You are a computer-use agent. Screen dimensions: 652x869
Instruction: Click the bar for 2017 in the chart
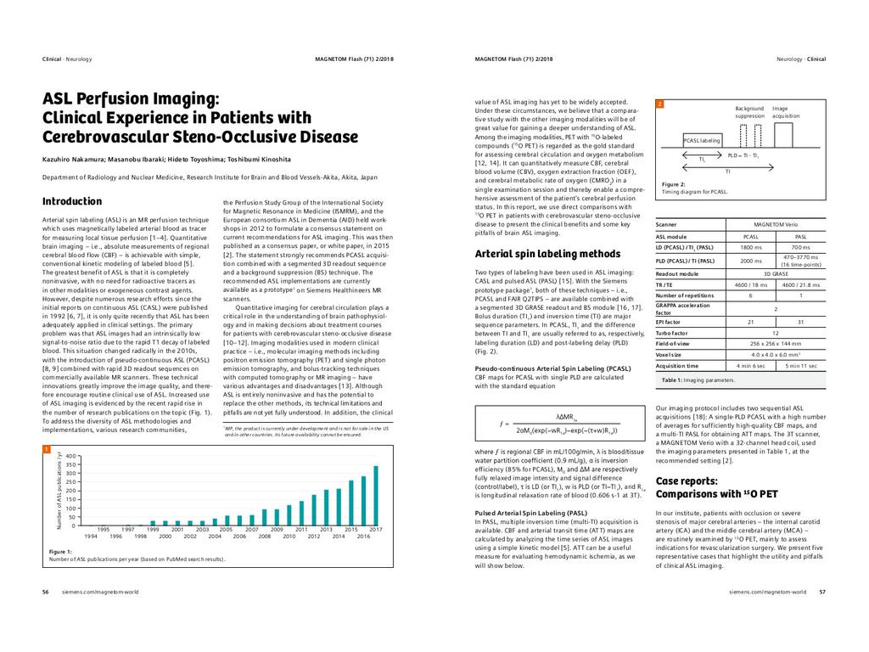(x=376, y=496)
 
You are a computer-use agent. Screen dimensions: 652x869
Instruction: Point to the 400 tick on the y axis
(x=70, y=456)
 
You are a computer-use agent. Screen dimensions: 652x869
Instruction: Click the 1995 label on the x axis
(x=104, y=529)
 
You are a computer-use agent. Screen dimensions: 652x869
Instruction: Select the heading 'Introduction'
(x=72, y=201)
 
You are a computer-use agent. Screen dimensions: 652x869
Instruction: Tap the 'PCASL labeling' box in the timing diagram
(x=702, y=140)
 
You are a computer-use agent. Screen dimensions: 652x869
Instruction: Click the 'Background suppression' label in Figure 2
(x=749, y=112)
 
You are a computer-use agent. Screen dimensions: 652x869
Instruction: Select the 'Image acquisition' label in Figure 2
(x=785, y=112)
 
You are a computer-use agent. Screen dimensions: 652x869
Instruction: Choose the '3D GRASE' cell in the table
(x=776, y=273)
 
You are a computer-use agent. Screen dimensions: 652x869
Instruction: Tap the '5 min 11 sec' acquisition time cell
(x=801, y=366)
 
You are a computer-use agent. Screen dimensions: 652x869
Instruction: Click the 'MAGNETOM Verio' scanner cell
(x=776, y=223)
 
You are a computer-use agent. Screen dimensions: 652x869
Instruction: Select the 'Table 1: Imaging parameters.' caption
(x=698, y=380)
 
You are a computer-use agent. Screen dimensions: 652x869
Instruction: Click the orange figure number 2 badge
(x=659, y=104)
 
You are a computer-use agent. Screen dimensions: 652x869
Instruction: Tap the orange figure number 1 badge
(x=47, y=448)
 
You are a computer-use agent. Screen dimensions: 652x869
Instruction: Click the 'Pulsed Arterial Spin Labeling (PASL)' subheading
(x=530, y=513)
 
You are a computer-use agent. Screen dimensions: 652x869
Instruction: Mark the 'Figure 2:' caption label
(x=673, y=184)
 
